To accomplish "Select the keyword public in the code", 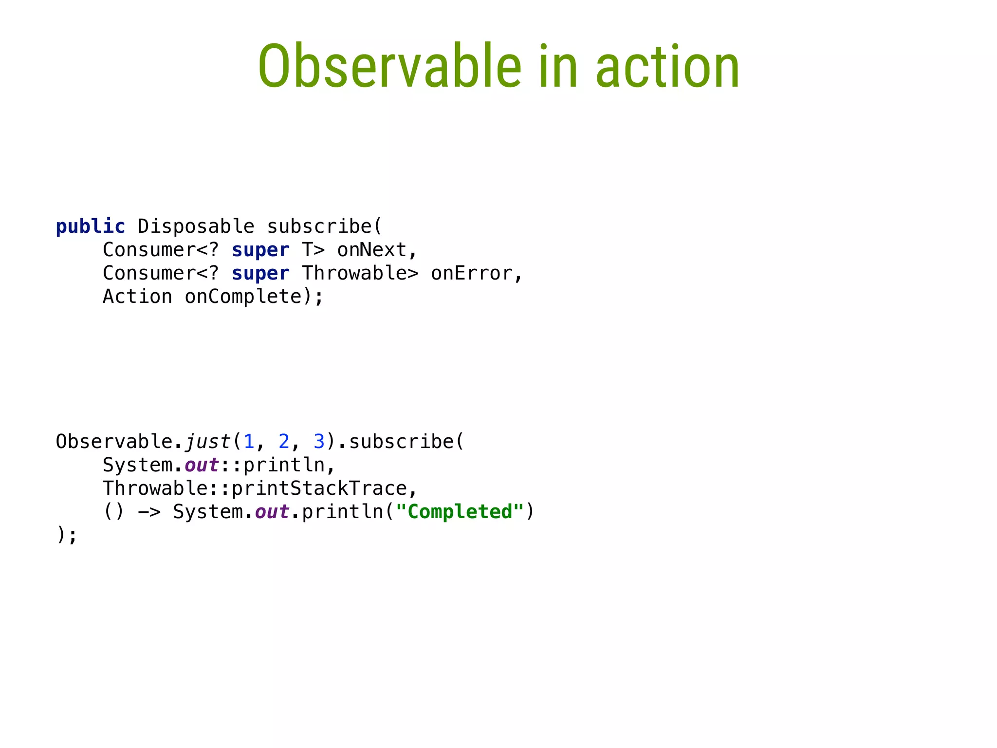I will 91,227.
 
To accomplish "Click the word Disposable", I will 196,227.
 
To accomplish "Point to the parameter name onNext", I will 372,250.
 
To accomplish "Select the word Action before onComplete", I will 137,297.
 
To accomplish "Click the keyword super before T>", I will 260,250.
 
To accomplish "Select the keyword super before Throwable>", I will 260,274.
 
